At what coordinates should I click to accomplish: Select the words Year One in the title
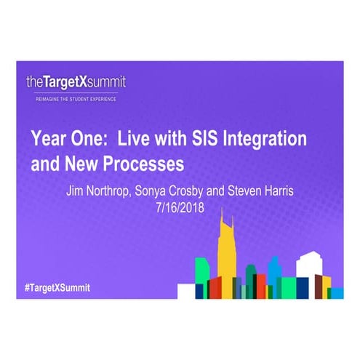pos(63,139)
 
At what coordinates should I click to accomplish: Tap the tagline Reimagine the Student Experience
pos(71,98)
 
